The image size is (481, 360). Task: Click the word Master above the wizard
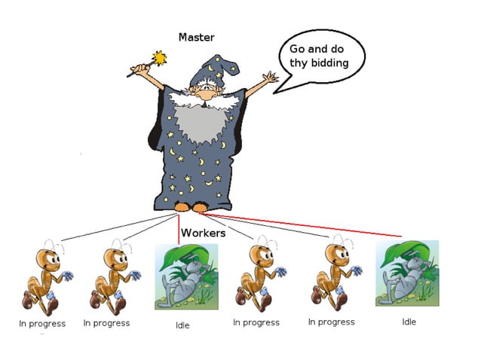(197, 37)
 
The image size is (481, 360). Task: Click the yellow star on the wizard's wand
(158, 57)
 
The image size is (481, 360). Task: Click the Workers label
(204, 233)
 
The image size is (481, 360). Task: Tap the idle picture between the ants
(182, 276)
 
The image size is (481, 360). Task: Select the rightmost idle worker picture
(407, 273)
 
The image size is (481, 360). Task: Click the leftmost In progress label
(42, 324)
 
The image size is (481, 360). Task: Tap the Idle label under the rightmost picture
(409, 322)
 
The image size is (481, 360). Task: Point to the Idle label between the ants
(182, 325)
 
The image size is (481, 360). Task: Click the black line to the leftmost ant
(113, 227)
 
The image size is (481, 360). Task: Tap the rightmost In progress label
(331, 322)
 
